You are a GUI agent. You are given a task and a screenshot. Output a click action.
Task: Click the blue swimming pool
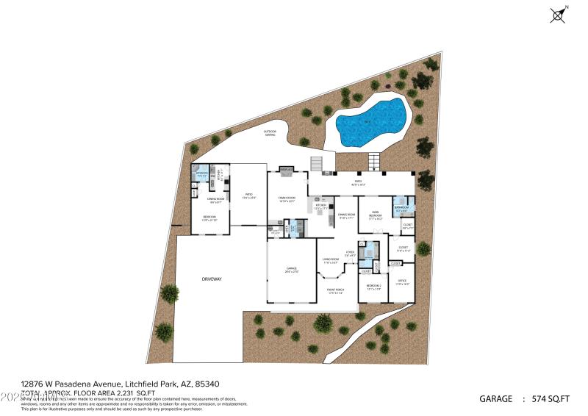(372, 121)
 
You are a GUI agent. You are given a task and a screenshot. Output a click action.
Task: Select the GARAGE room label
(292, 270)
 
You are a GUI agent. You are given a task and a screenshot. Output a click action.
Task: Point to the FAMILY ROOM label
(286, 199)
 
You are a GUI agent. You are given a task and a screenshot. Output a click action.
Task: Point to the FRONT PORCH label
(336, 290)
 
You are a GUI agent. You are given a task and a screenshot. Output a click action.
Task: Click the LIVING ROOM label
(331, 260)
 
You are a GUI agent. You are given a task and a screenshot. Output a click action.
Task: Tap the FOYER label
(351, 254)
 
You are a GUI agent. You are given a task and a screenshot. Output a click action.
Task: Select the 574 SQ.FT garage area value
(551, 399)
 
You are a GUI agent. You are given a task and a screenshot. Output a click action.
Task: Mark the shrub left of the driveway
(169, 293)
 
